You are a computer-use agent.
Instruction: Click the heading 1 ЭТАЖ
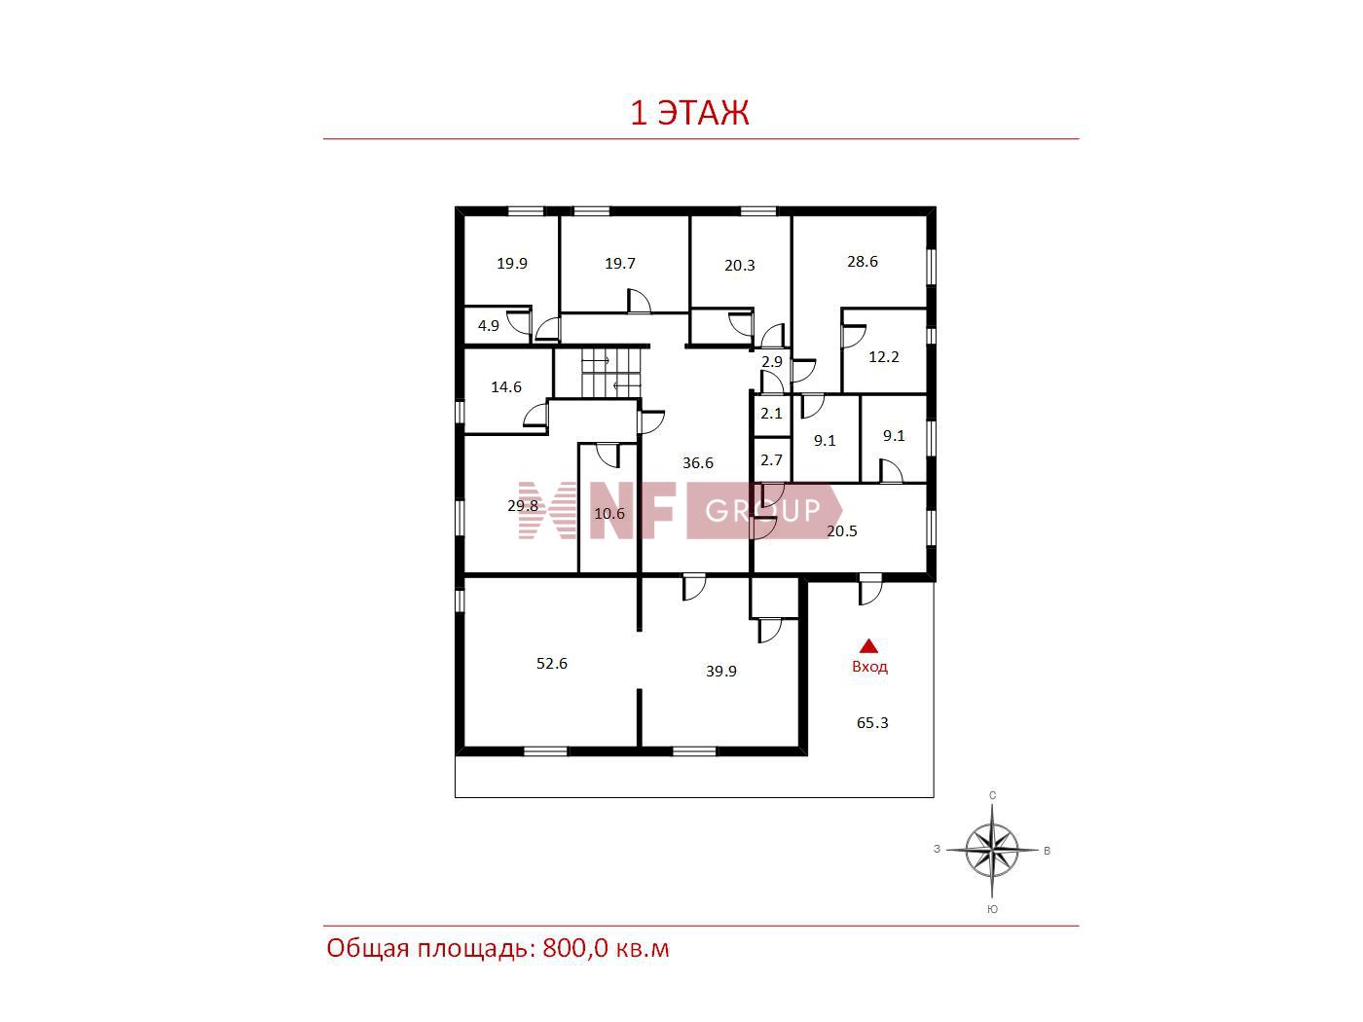tap(689, 113)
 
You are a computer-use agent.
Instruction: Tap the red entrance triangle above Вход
tap(868, 646)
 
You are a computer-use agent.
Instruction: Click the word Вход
tap(869, 667)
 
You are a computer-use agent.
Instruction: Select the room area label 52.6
tap(551, 664)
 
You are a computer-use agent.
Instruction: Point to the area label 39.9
tap(721, 671)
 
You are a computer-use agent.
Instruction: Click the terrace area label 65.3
tap(871, 722)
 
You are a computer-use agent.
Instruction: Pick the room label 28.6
tap(862, 261)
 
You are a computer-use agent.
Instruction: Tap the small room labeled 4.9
tap(488, 325)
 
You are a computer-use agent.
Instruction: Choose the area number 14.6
tap(506, 386)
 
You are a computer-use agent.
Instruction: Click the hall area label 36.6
tap(697, 462)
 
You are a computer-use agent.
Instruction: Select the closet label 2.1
tap(771, 413)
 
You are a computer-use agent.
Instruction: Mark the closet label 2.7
tap(771, 459)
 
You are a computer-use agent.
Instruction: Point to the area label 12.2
tap(883, 356)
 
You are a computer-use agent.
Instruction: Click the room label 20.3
tap(740, 265)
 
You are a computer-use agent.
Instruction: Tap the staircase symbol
tap(609, 373)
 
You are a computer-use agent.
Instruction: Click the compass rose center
tap(992, 850)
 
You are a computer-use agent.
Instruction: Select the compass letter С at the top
tap(992, 795)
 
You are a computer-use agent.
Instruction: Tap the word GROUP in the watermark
tap(762, 510)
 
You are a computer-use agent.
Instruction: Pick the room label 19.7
tap(620, 263)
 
